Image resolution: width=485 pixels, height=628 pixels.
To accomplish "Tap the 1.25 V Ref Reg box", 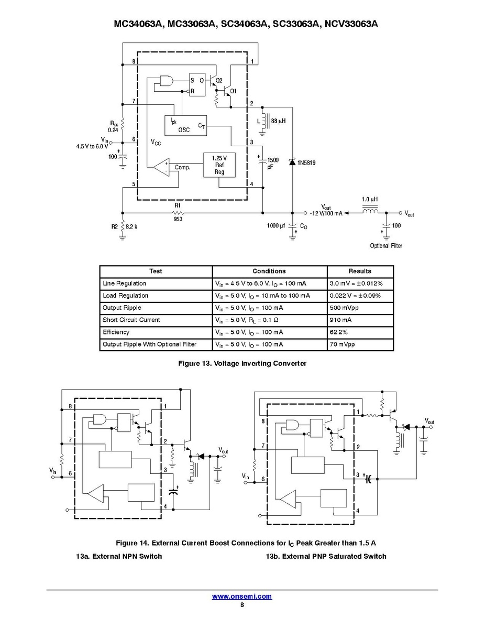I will point(219,165).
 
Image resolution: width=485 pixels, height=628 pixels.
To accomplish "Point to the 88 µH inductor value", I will point(278,121).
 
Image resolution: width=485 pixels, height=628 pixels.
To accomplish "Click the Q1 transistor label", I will point(233,91).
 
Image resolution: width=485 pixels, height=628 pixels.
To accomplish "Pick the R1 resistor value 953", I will point(178,220).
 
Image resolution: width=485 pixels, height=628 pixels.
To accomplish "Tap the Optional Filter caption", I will point(386,246).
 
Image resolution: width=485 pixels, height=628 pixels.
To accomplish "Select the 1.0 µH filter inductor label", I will point(370,200).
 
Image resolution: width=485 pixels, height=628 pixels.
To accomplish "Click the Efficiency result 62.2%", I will point(338,332).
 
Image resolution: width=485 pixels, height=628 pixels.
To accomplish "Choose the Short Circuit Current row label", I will point(131,320).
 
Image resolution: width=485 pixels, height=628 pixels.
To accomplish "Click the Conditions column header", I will point(269,271).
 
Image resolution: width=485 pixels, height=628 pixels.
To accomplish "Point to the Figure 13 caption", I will point(242,363).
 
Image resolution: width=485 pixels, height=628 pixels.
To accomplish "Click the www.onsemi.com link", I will point(242,597).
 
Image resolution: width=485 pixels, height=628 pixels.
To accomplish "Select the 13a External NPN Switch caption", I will point(119,556).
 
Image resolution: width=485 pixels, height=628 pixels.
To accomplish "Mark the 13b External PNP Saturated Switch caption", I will point(326,556).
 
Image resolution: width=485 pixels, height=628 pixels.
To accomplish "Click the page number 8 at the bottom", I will point(242,604).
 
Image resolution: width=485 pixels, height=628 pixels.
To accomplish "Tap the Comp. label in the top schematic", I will point(182,168).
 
